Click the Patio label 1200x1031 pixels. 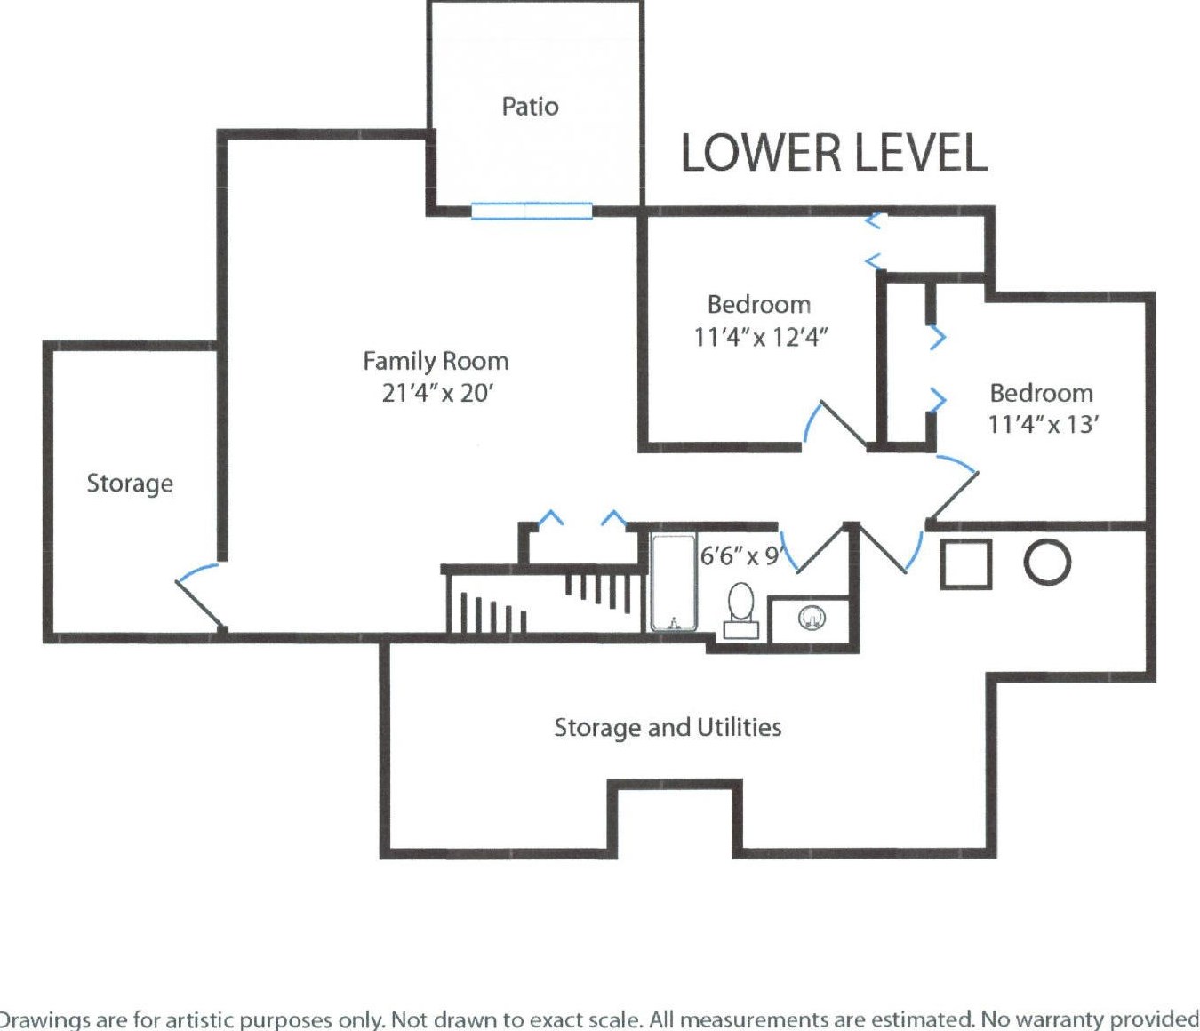[x=530, y=107]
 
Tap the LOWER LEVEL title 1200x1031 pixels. [x=834, y=153]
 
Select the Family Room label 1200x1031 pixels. [x=436, y=361]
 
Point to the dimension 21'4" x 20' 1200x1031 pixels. [x=437, y=393]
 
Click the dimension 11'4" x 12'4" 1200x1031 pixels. [x=760, y=338]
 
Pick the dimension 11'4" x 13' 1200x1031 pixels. [x=1043, y=424]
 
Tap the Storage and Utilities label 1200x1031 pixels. [x=668, y=728]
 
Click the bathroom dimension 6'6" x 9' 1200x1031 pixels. [x=740, y=556]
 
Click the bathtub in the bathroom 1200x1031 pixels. [x=673, y=582]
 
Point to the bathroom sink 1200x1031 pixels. [x=812, y=617]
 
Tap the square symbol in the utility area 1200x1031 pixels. [x=966, y=563]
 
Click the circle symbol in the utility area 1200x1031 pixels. [x=1047, y=563]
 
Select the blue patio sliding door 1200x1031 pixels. [x=532, y=211]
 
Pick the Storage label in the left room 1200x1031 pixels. [x=130, y=484]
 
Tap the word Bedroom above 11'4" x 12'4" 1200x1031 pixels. [x=759, y=305]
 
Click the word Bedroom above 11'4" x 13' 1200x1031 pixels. [x=1041, y=393]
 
